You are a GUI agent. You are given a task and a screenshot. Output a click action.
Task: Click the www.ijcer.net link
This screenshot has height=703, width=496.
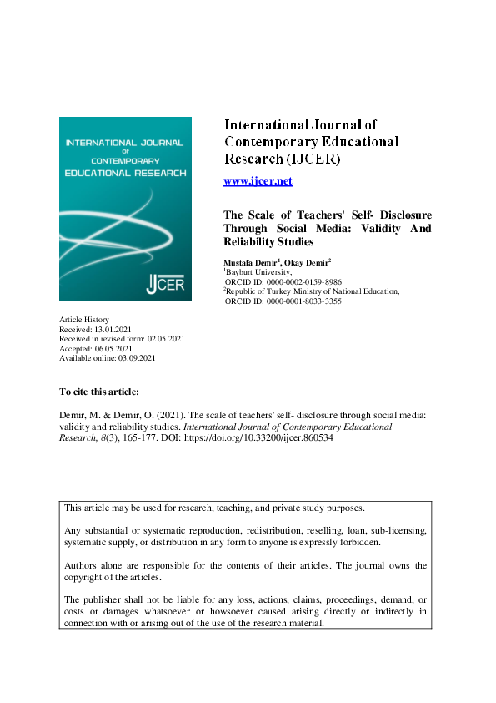pos(258,181)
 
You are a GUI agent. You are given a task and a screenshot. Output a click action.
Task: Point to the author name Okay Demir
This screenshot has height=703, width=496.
pos(308,262)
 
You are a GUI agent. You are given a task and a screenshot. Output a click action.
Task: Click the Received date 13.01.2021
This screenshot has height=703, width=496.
pos(117,330)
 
